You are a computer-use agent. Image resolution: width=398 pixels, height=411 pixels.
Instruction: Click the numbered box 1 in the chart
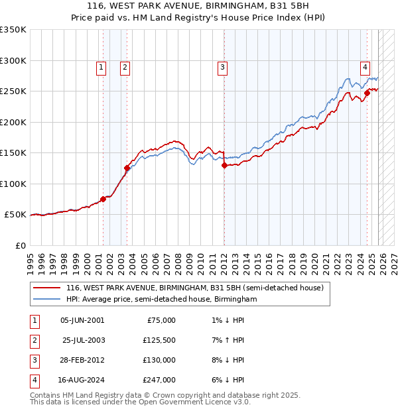pyautogui.click(x=101, y=66)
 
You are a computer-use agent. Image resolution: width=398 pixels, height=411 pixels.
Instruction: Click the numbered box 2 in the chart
pyautogui.click(x=125, y=66)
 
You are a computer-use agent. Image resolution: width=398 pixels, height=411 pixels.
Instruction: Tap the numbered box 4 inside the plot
pyautogui.click(x=365, y=66)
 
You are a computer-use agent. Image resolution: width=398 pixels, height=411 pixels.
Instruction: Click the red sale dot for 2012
pyautogui.click(x=224, y=166)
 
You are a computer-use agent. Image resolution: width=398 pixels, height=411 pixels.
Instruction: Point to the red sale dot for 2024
pyautogui.click(x=366, y=93)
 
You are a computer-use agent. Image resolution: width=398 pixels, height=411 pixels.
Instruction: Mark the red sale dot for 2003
pyautogui.click(x=127, y=168)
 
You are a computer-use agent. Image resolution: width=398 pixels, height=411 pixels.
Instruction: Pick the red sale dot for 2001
pyautogui.click(x=103, y=199)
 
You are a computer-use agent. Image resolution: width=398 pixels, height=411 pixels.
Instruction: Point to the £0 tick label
pyautogui.click(x=20, y=245)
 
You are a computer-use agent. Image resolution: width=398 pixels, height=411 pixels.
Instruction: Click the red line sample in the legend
pyautogui.click(x=46, y=288)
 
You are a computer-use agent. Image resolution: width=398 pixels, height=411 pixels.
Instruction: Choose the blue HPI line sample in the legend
pyautogui.click(x=46, y=300)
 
